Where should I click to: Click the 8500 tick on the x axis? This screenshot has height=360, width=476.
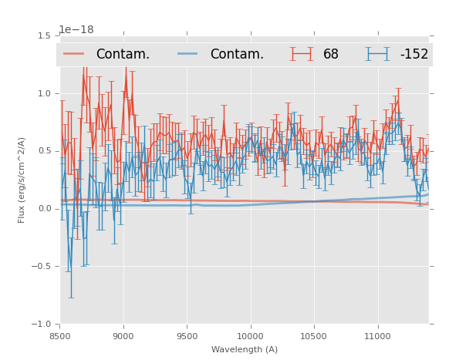tap(60, 336)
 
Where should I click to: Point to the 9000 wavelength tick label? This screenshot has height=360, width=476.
tap(123, 336)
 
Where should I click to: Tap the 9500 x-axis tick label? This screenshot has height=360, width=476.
tap(187, 336)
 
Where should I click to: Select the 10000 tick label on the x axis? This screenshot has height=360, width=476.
tap(250, 336)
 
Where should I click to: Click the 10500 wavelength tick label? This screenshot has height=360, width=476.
tap(314, 336)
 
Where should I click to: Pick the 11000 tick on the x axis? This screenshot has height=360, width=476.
tap(377, 336)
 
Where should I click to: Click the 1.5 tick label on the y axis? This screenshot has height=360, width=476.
tap(46, 35)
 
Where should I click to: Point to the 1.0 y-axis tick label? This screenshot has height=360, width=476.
tap(46, 93)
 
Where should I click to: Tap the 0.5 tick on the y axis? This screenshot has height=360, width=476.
tap(46, 151)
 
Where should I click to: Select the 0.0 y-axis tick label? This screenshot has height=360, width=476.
tap(46, 209)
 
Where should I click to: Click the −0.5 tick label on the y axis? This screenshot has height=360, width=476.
tap(42, 267)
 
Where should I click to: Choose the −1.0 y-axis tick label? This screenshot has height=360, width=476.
tap(42, 325)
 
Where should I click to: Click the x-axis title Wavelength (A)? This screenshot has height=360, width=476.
tap(245, 349)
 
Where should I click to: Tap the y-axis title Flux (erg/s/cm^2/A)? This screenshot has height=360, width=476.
tap(22, 180)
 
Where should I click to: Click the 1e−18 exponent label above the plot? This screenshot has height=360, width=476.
tap(76, 30)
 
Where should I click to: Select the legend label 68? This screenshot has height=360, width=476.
tap(331, 55)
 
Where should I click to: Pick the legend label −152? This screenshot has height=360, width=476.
tap(414, 55)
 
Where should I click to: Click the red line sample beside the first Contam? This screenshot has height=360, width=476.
tap(73, 54)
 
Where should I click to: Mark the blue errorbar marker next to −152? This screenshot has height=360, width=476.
tap(377, 54)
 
